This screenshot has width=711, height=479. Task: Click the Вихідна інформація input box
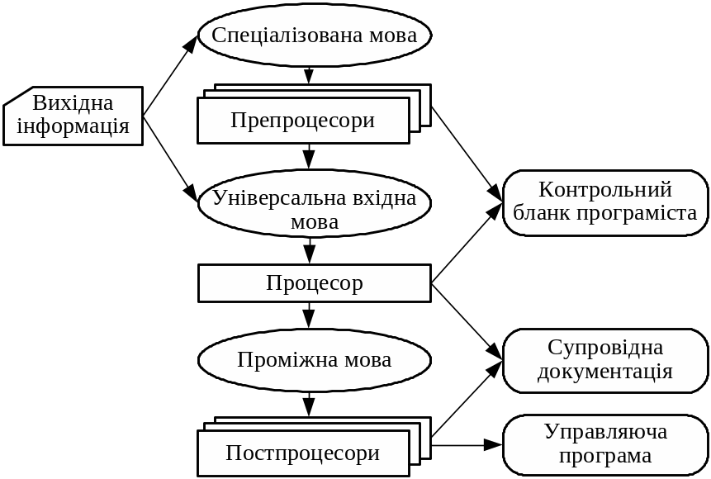point(73,116)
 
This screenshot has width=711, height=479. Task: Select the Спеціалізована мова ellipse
point(314,36)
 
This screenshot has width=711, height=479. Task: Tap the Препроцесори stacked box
point(304,121)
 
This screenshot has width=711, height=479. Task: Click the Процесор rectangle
point(314,283)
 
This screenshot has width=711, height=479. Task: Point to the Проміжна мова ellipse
point(314,360)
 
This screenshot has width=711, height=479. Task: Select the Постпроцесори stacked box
point(303,453)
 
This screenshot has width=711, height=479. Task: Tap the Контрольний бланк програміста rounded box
point(605,202)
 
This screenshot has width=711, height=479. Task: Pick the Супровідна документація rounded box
point(605,360)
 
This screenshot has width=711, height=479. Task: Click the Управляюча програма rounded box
point(605,444)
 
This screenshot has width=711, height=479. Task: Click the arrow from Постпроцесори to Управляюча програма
point(467,445)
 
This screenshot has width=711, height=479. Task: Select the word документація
point(605,372)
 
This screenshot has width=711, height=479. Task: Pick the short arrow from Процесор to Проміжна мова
point(309,315)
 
